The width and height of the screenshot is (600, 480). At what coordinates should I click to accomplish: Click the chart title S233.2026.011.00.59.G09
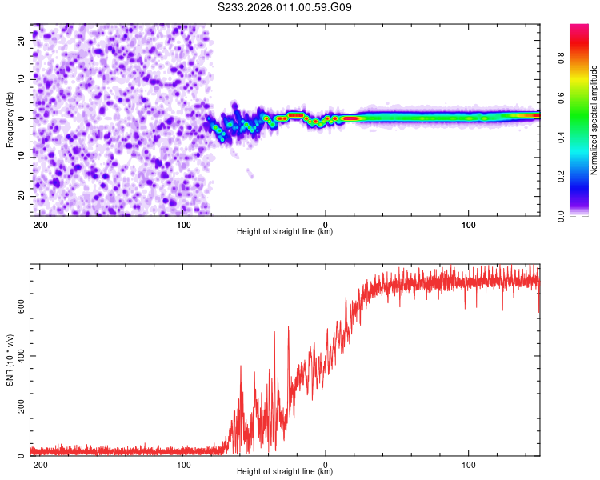click(285, 8)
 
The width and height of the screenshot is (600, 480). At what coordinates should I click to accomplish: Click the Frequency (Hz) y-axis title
click(10, 119)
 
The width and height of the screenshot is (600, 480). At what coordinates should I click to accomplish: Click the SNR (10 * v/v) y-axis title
click(10, 359)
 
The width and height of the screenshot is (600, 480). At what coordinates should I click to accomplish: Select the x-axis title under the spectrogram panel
click(285, 232)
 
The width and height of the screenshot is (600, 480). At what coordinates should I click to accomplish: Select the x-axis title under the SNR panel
click(285, 472)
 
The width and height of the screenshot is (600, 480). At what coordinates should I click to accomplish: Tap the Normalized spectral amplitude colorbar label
click(594, 119)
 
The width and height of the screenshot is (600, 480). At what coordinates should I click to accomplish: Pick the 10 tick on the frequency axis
click(22, 79)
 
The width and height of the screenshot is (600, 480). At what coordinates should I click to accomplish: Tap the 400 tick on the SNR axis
click(19, 355)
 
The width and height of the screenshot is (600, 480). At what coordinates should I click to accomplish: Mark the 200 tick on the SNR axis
click(19, 406)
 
